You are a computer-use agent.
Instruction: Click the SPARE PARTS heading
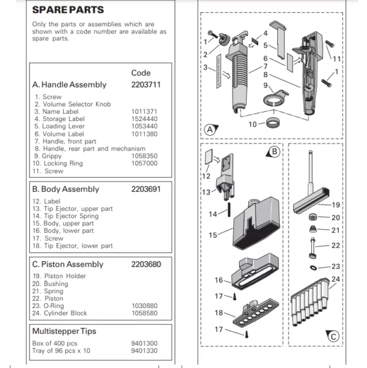[x=68, y=10]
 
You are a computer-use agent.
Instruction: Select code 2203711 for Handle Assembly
[x=146, y=85]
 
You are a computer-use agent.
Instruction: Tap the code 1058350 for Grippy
[x=144, y=156]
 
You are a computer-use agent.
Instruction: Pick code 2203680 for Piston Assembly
[x=146, y=265]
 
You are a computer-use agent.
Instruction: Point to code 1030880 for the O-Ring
[x=144, y=305]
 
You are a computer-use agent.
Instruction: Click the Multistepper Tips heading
[x=64, y=331]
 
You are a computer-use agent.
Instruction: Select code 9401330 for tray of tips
[x=144, y=351]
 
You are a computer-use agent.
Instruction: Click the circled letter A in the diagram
[x=210, y=130]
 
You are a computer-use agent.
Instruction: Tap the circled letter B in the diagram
[x=274, y=150]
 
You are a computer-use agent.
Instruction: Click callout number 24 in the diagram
[x=335, y=279]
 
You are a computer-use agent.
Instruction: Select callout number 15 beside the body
[x=213, y=235]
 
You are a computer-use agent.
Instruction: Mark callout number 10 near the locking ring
[x=253, y=124]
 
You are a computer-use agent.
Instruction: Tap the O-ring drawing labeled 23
[x=314, y=267]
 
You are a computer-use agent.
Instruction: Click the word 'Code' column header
[x=141, y=73]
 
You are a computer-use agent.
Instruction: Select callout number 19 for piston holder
[x=335, y=205]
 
